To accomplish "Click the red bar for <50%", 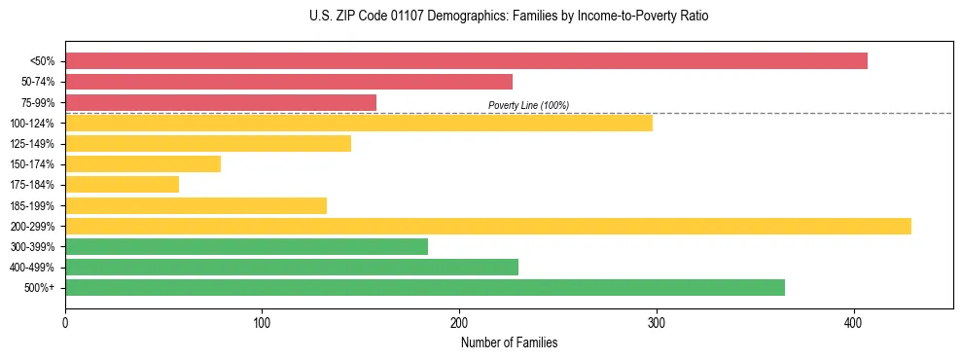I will click(466, 61).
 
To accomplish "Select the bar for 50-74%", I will click(289, 82).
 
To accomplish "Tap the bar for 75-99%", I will click(221, 102).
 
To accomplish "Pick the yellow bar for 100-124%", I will click(359, 123).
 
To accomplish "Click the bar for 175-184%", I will click(122, 184).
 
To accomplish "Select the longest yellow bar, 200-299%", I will click(488, 226).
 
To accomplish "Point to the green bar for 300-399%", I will click(246, 246).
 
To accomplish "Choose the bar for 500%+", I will click(425, 287).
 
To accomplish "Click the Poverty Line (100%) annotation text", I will click(528, 105).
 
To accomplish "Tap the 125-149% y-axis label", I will click(32, 144).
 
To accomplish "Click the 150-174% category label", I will click(32, 164).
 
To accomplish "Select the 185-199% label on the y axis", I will click(32, 205).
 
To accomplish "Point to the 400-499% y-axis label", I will click(32, 268).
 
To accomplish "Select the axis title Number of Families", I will click(509, 342).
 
